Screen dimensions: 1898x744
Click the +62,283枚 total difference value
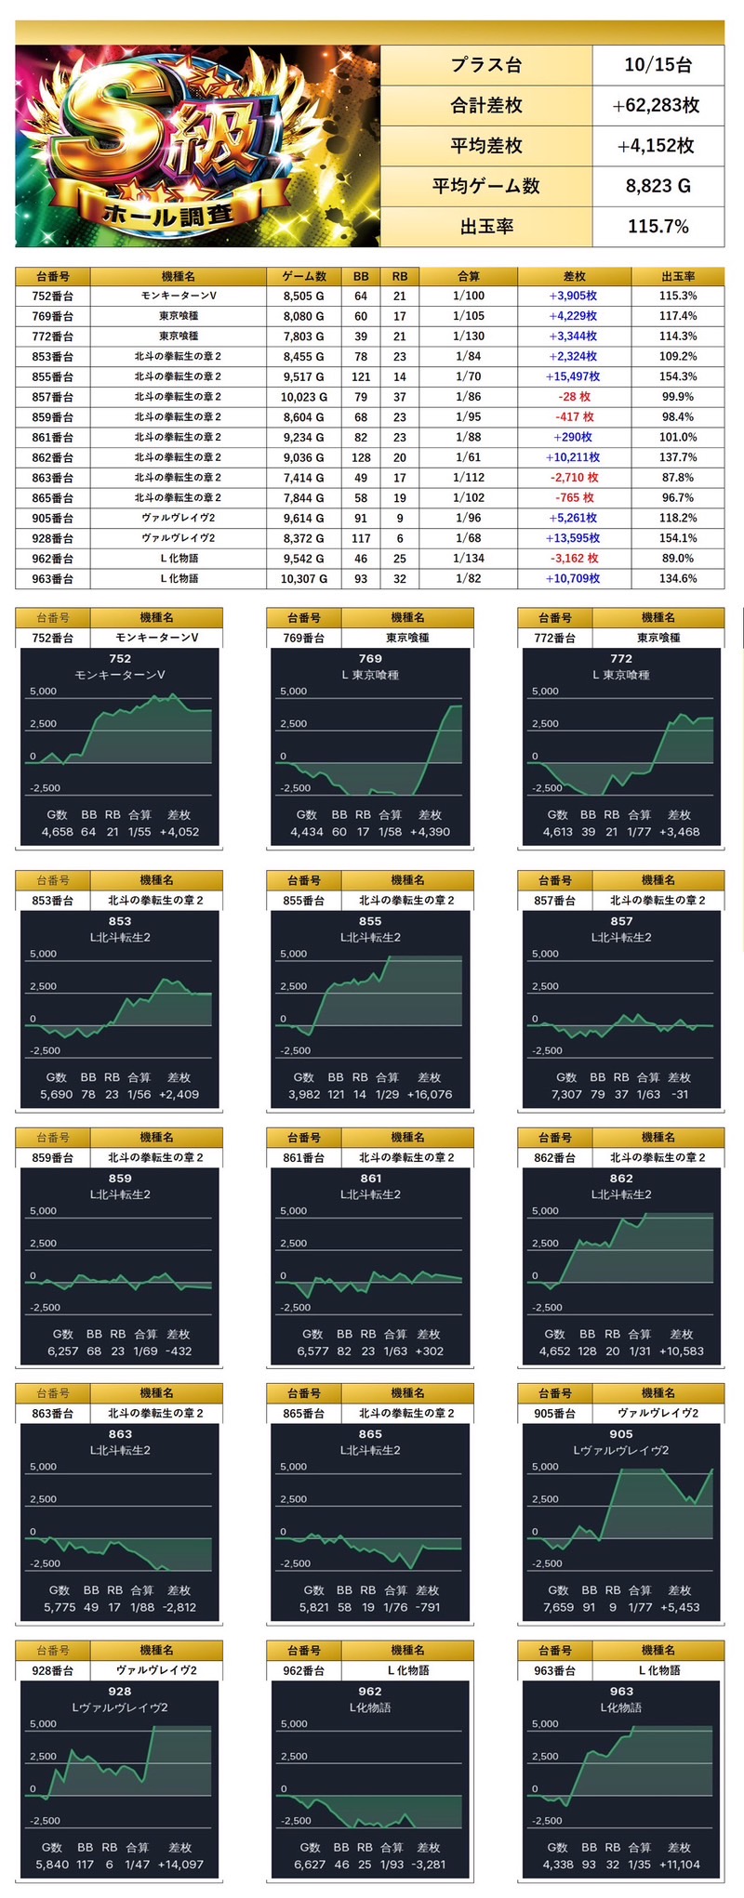[657, 105]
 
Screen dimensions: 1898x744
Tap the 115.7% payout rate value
[658, 226]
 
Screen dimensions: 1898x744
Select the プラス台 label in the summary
[485, 65]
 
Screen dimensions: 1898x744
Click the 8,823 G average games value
[658, 186]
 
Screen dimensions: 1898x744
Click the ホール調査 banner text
[166, 214]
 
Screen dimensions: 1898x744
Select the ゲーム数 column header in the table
[303, 276]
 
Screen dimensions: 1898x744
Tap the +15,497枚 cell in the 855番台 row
[573, 376]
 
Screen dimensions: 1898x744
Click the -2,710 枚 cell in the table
[574, 478]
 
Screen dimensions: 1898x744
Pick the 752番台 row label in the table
[52, 296]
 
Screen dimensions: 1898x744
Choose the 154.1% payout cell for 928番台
[678, 538]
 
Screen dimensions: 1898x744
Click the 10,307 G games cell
[303, 578]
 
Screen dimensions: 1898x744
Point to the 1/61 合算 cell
[468, 457]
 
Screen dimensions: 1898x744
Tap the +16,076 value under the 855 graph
[430, 1094]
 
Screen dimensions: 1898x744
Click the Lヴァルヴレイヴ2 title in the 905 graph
[621, 1450]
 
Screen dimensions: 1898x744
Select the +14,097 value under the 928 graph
[179, 1864]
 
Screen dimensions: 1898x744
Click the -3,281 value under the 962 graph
[429, 1864]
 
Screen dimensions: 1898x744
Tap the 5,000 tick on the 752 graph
[43, 692]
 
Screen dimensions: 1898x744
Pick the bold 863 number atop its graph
[120, 1434]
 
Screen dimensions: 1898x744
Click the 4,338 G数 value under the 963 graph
[558, 1864]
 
